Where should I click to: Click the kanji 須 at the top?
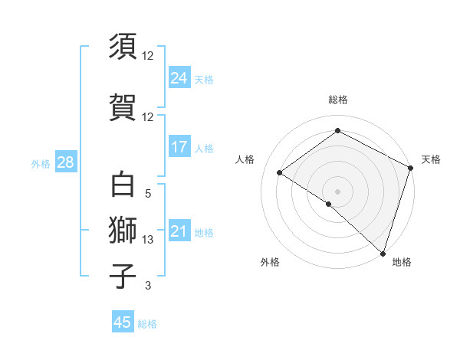123,47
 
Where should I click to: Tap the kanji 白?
123,185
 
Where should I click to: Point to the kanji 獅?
123,231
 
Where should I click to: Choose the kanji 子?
123,276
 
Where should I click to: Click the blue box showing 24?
179,78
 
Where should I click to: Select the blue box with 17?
179,147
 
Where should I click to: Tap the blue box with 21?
179,231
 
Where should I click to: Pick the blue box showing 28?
64,162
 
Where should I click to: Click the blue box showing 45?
123,322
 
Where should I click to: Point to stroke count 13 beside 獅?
148,240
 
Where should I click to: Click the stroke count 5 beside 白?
148,194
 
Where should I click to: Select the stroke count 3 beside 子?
148,286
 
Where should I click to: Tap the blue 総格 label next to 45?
147,324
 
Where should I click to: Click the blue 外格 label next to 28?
41,163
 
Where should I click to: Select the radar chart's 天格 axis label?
431,159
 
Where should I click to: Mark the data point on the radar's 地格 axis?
383,253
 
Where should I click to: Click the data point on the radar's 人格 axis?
280,172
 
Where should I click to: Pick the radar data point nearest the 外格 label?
329,204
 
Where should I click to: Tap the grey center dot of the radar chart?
337,191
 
